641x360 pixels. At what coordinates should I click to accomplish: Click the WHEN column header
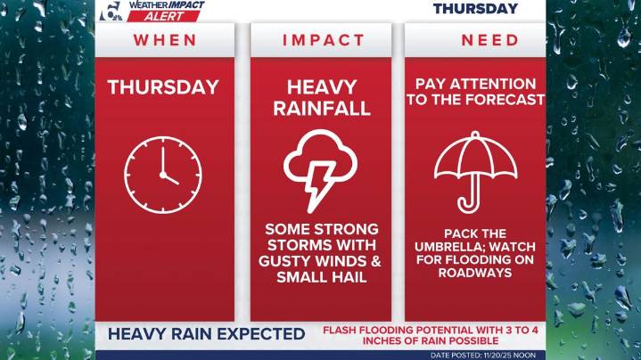[x=164, y=40]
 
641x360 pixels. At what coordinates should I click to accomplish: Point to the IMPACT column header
[x=324, y=40]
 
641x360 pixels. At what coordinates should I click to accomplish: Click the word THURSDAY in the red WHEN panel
[x=163, y=87]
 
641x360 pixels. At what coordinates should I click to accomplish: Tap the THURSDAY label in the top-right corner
[x=475, y=9]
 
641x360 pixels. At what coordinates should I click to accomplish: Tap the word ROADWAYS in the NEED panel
[x=475, y=273]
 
